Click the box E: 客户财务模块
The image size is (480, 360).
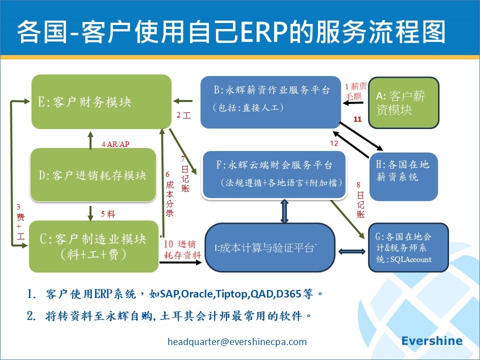coord(101,101)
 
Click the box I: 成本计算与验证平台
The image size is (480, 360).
coord(270,248)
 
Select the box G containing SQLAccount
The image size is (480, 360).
coord(408,247)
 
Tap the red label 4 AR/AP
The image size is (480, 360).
coord(115,144)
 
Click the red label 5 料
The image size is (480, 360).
coord(108,214)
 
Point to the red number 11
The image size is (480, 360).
coord(357,119)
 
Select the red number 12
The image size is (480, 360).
coord(334,143)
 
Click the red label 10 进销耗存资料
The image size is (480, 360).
coord(182,249)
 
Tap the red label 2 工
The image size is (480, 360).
coord(183,115)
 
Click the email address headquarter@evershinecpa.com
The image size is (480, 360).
coord(237,342)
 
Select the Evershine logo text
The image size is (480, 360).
coord(432,341)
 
